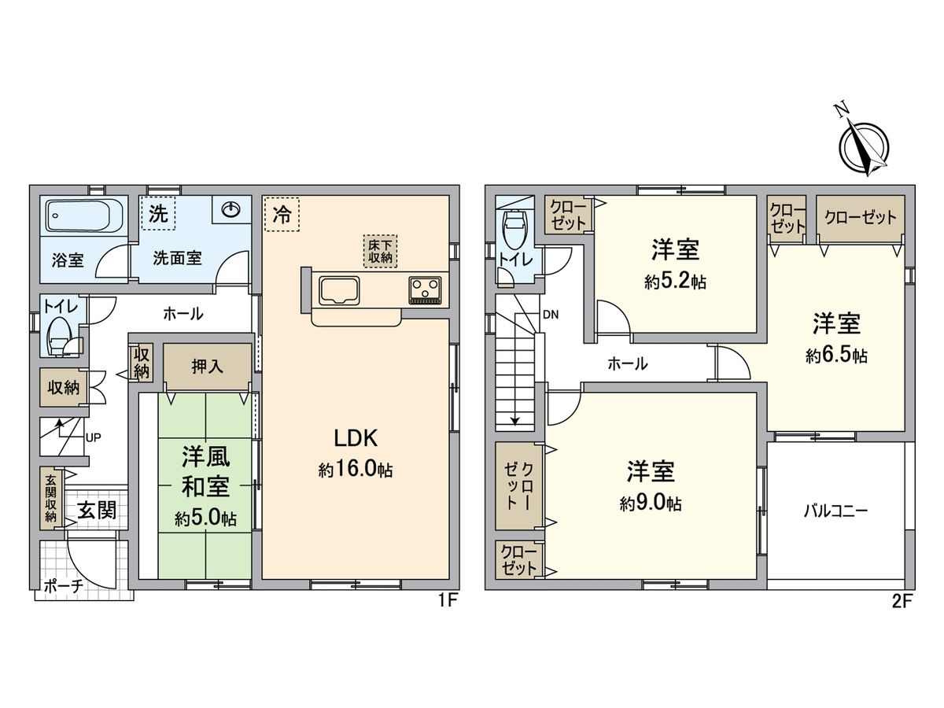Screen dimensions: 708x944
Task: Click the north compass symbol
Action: point(864,146)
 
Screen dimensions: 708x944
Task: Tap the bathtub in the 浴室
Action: point(83,216)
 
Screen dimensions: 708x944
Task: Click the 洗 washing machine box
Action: point(158,215)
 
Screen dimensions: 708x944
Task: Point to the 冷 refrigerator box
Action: point(282,215)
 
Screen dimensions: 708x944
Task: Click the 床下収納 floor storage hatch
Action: point(380,249)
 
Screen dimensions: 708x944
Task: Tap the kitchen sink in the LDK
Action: point(339,290)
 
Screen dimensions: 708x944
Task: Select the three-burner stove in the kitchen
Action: point(426,290)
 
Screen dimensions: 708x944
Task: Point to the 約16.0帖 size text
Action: point(356,470)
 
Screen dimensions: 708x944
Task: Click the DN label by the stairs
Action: point(551,315)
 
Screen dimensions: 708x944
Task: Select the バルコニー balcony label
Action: point(835,511)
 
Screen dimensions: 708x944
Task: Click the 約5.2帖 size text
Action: point(674,282)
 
